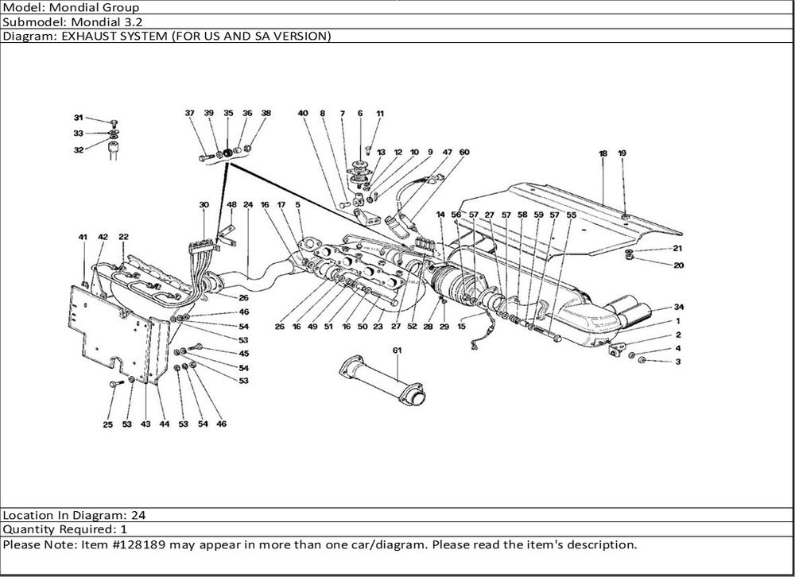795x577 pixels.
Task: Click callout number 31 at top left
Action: [x=79, y=117]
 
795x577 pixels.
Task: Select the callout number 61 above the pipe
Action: [x=397, y=350]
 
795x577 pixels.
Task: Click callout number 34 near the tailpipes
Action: [x=678, y=307]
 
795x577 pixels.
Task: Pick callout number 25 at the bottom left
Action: [x=107, y=424]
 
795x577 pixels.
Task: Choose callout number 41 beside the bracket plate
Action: [x=83, y=237]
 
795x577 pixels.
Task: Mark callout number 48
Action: [x=232, y=205]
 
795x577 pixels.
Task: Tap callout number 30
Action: [x=204, y=205]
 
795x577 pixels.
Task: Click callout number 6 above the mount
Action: [x=360, y=114]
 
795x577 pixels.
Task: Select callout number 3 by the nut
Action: [x=678, y=362]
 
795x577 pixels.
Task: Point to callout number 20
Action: [x=678, y=265]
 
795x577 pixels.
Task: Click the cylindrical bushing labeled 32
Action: [x=113, y=149]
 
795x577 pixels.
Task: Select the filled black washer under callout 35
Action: [x=227, y=153]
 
